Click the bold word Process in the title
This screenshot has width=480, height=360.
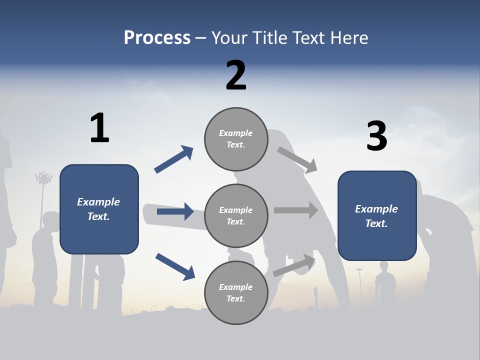157,37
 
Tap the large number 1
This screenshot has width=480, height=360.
99,128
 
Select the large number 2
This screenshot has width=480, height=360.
236,75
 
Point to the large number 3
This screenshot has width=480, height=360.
376,136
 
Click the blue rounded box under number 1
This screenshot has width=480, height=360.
99,209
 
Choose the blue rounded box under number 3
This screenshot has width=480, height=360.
377,215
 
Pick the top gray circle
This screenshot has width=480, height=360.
236,139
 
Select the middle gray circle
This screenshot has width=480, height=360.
236,215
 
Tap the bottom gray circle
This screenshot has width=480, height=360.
236,292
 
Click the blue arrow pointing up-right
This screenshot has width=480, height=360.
174,159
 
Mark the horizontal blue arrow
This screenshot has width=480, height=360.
175,211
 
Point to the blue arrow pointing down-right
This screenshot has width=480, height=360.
175,266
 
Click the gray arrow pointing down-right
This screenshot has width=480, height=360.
297,160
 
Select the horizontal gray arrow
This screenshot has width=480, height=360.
296,210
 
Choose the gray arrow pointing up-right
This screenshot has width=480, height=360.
294,265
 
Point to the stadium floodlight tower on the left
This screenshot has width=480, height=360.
44,179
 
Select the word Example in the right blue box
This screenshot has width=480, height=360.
376,209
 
